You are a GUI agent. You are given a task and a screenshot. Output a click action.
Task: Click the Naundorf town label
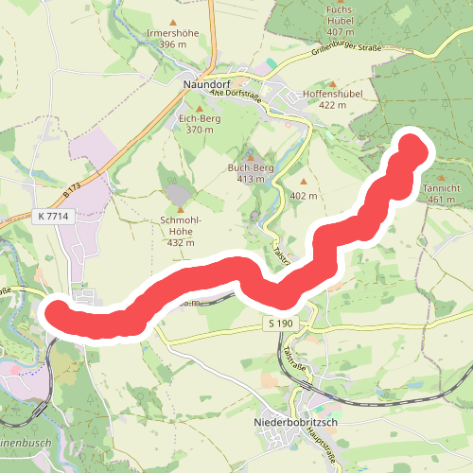[199, 83]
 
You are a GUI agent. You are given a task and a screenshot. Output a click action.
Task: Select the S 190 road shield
[277, 324]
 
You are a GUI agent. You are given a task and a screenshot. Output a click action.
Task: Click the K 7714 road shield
[52, 217]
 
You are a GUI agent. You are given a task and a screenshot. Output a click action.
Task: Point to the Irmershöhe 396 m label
[173, 39]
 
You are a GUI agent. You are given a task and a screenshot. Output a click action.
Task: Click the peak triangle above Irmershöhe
[173, 22]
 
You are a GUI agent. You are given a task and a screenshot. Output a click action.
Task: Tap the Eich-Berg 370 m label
[199, 124]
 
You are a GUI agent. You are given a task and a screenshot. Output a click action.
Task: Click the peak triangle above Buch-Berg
[251, 156]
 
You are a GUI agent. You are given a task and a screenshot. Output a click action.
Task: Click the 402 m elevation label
[303, 196]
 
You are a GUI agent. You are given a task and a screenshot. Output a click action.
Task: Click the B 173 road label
[68, 193]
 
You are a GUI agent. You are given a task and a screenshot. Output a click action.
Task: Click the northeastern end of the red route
[413, 145]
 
